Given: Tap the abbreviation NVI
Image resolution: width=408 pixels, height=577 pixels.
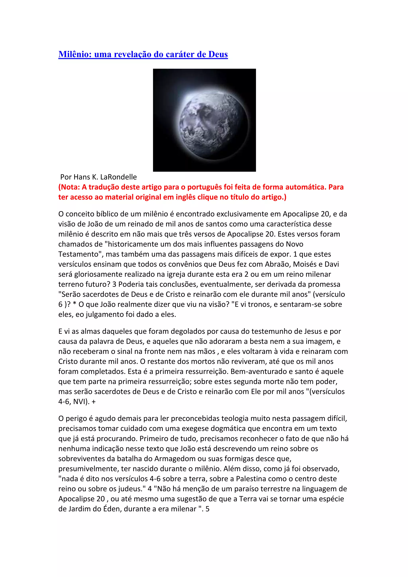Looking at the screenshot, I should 80,402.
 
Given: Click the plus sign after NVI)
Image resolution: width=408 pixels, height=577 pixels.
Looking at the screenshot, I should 94,402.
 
